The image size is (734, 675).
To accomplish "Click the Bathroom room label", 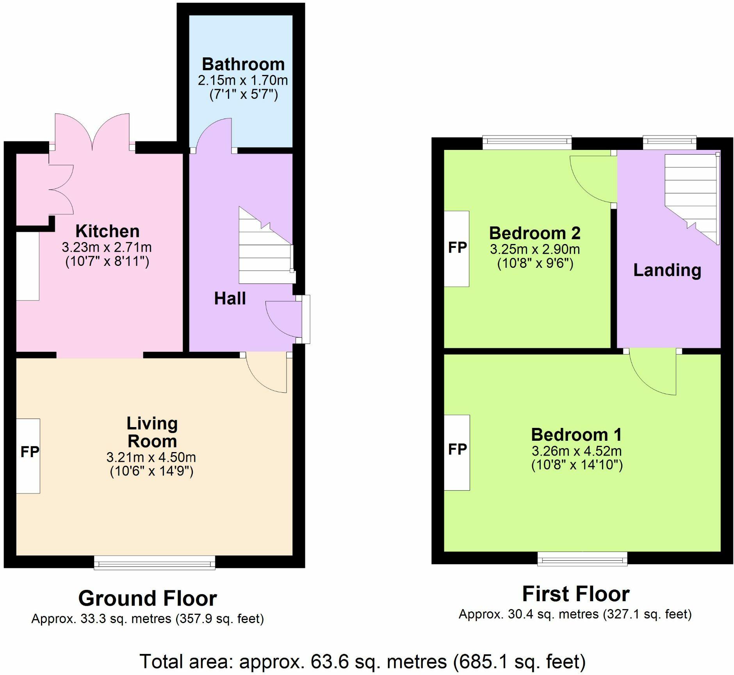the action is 243,64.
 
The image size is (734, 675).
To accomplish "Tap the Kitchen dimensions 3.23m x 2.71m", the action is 107,247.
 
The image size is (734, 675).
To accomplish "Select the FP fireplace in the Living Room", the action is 28,456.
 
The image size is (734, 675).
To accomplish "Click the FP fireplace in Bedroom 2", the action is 457,249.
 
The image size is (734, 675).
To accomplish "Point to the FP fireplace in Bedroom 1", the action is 457,452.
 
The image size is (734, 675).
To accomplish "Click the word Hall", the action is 230,299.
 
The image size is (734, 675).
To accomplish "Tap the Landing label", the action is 667,270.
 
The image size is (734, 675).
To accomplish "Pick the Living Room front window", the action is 155,563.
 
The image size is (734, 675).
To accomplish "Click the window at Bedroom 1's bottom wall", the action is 583,559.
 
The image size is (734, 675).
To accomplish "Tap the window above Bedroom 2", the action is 527,142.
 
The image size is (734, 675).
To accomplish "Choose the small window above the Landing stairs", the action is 670,142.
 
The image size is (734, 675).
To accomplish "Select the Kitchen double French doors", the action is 92,132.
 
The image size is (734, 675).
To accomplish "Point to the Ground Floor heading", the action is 148,598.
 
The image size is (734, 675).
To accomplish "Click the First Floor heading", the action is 576,594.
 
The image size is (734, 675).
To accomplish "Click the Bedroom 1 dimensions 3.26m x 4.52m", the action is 576,451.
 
